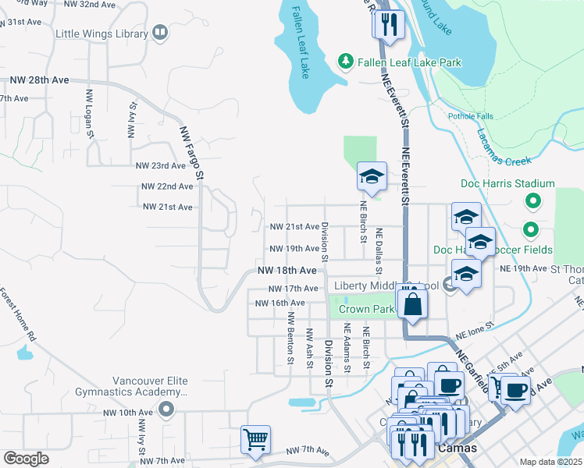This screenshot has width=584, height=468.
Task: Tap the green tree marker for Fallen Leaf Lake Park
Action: pos(344,61)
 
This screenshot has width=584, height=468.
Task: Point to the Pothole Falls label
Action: pos(470,116)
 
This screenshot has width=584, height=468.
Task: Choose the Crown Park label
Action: pos(366,309)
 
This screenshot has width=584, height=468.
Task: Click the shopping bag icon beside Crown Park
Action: pos(413,303)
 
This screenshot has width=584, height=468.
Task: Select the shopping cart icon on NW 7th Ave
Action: pos(255,439)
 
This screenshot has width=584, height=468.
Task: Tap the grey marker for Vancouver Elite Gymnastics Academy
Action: pos(165,409)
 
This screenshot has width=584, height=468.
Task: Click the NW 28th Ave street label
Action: pos(39,80)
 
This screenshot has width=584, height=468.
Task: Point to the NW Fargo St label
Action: pos(191,151)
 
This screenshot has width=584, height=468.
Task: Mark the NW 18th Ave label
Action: pos(287,270)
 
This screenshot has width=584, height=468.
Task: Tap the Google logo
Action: pos(25,458)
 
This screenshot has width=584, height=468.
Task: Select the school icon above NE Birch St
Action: pos(372,176)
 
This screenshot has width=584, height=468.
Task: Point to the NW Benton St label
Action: pos(290,339)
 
